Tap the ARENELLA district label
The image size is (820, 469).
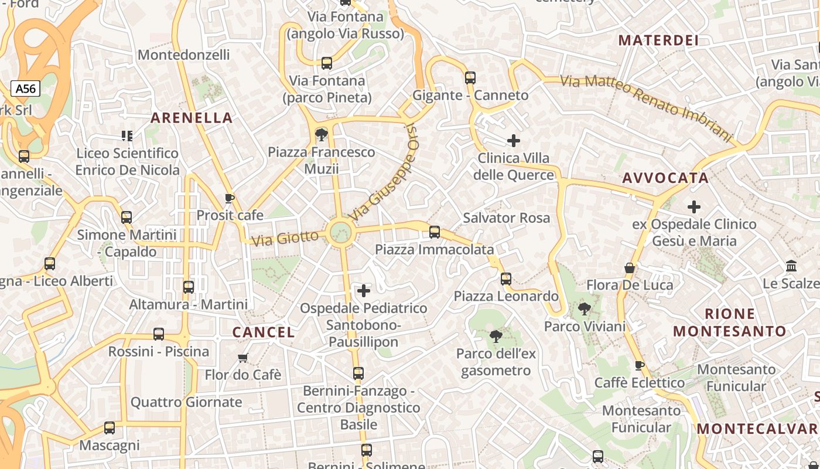192,118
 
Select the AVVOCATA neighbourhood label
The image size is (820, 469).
665,178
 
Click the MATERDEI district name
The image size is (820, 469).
659,40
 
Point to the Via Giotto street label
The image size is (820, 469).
285,238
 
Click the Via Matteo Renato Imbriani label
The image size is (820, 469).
647,107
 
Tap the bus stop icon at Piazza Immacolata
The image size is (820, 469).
435,232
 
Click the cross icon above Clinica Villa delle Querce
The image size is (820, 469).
514,141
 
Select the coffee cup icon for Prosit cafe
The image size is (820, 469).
230,198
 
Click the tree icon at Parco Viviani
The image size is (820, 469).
584,309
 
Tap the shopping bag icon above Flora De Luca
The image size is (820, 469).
630,269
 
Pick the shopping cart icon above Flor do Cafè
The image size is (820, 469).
243,358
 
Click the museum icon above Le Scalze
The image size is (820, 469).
792,266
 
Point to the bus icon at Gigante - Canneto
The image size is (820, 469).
470,77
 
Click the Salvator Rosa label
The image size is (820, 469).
507,218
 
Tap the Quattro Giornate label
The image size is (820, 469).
186,402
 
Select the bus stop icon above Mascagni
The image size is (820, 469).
110,428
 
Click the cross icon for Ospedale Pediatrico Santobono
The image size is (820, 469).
364,291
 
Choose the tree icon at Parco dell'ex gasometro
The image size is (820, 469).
496,337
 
